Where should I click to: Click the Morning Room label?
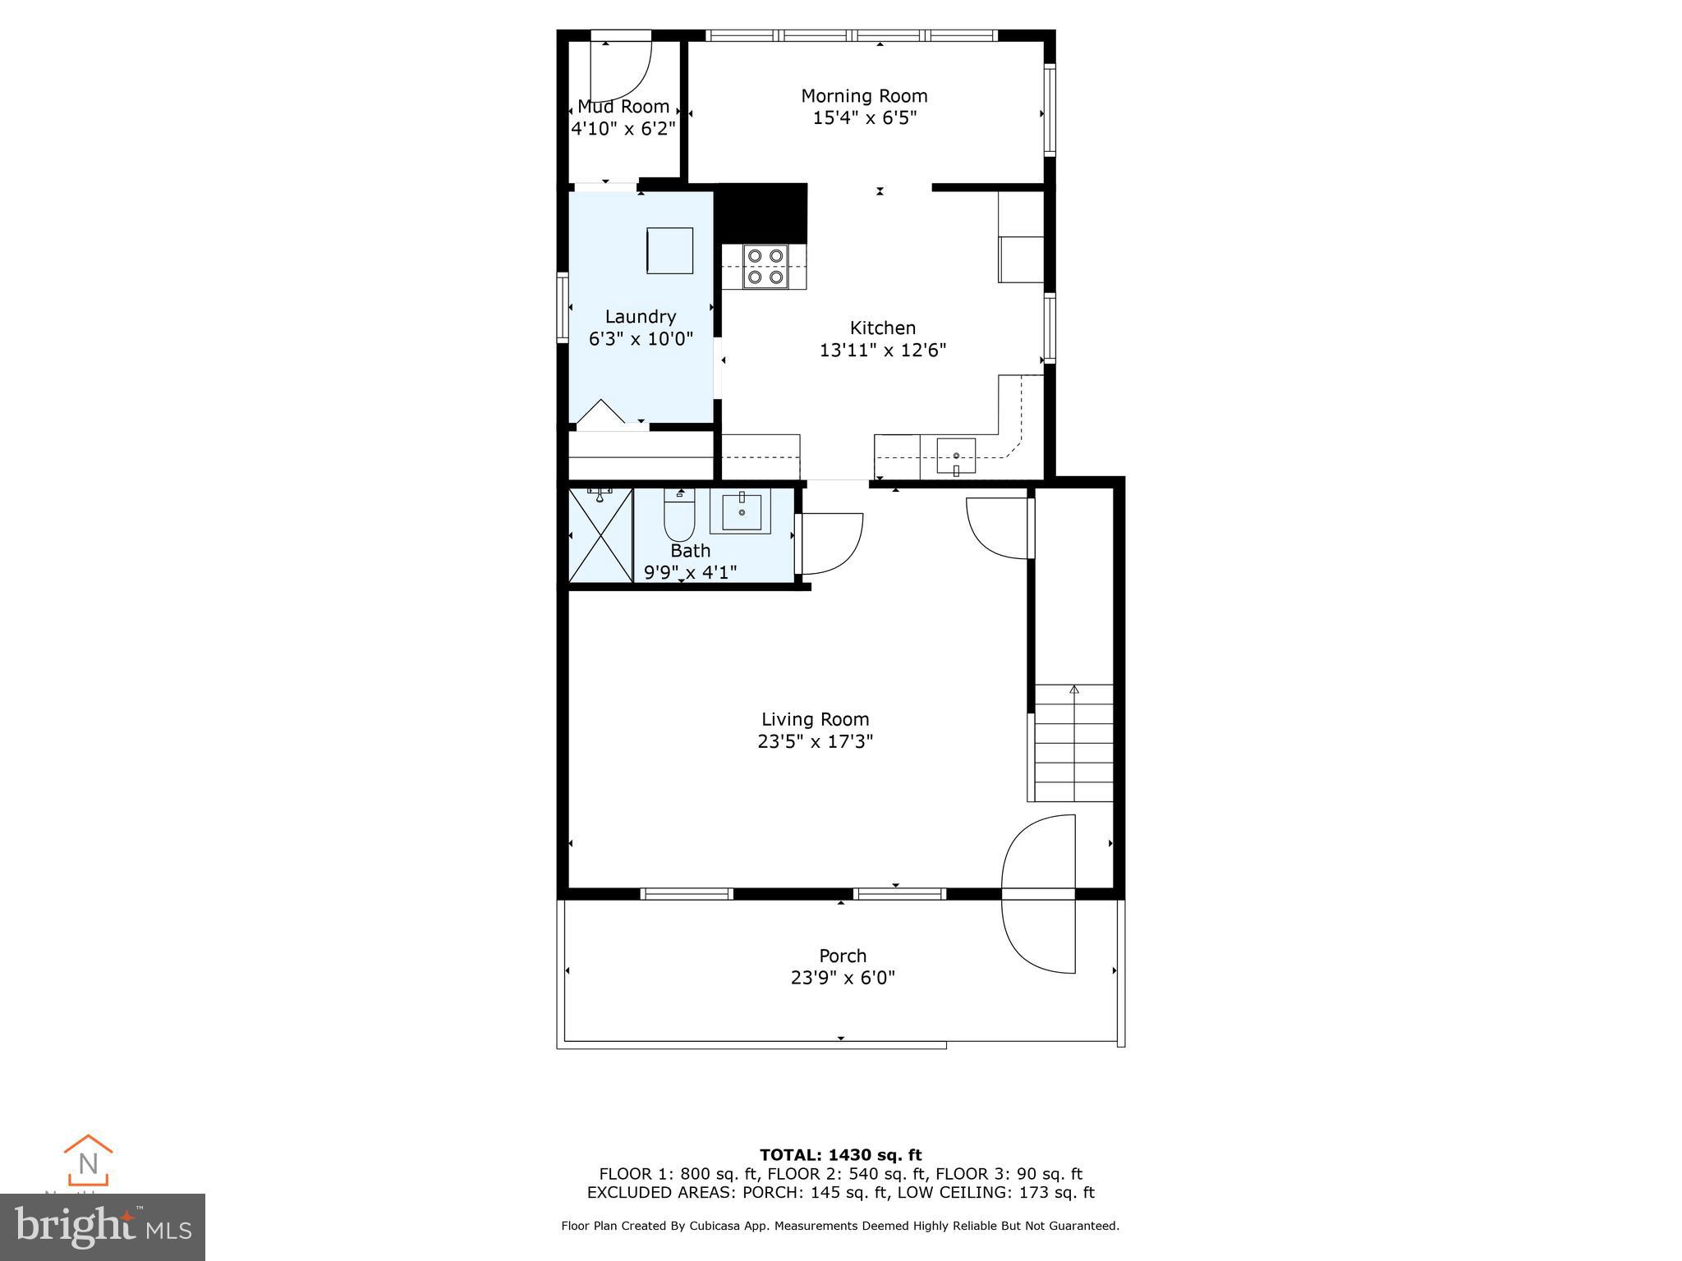(864, 96)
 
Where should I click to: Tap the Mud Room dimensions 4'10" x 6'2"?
(623, 129)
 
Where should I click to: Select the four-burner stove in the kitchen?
(765, 267)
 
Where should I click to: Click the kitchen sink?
(956, 456)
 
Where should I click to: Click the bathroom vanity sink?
(741, 511)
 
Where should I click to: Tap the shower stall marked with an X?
(600, 535)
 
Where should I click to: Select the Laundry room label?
(641, 317)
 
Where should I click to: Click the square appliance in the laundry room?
(669, 250)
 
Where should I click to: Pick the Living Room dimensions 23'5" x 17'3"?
(815, 742)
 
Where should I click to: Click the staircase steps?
(1073, 743)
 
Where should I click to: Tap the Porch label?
(843, 956)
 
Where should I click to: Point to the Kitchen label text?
(882, 328)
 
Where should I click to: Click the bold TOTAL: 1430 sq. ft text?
(840, 1155)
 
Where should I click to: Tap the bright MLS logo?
(103, 1227)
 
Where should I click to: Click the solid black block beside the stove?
(763, 213)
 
